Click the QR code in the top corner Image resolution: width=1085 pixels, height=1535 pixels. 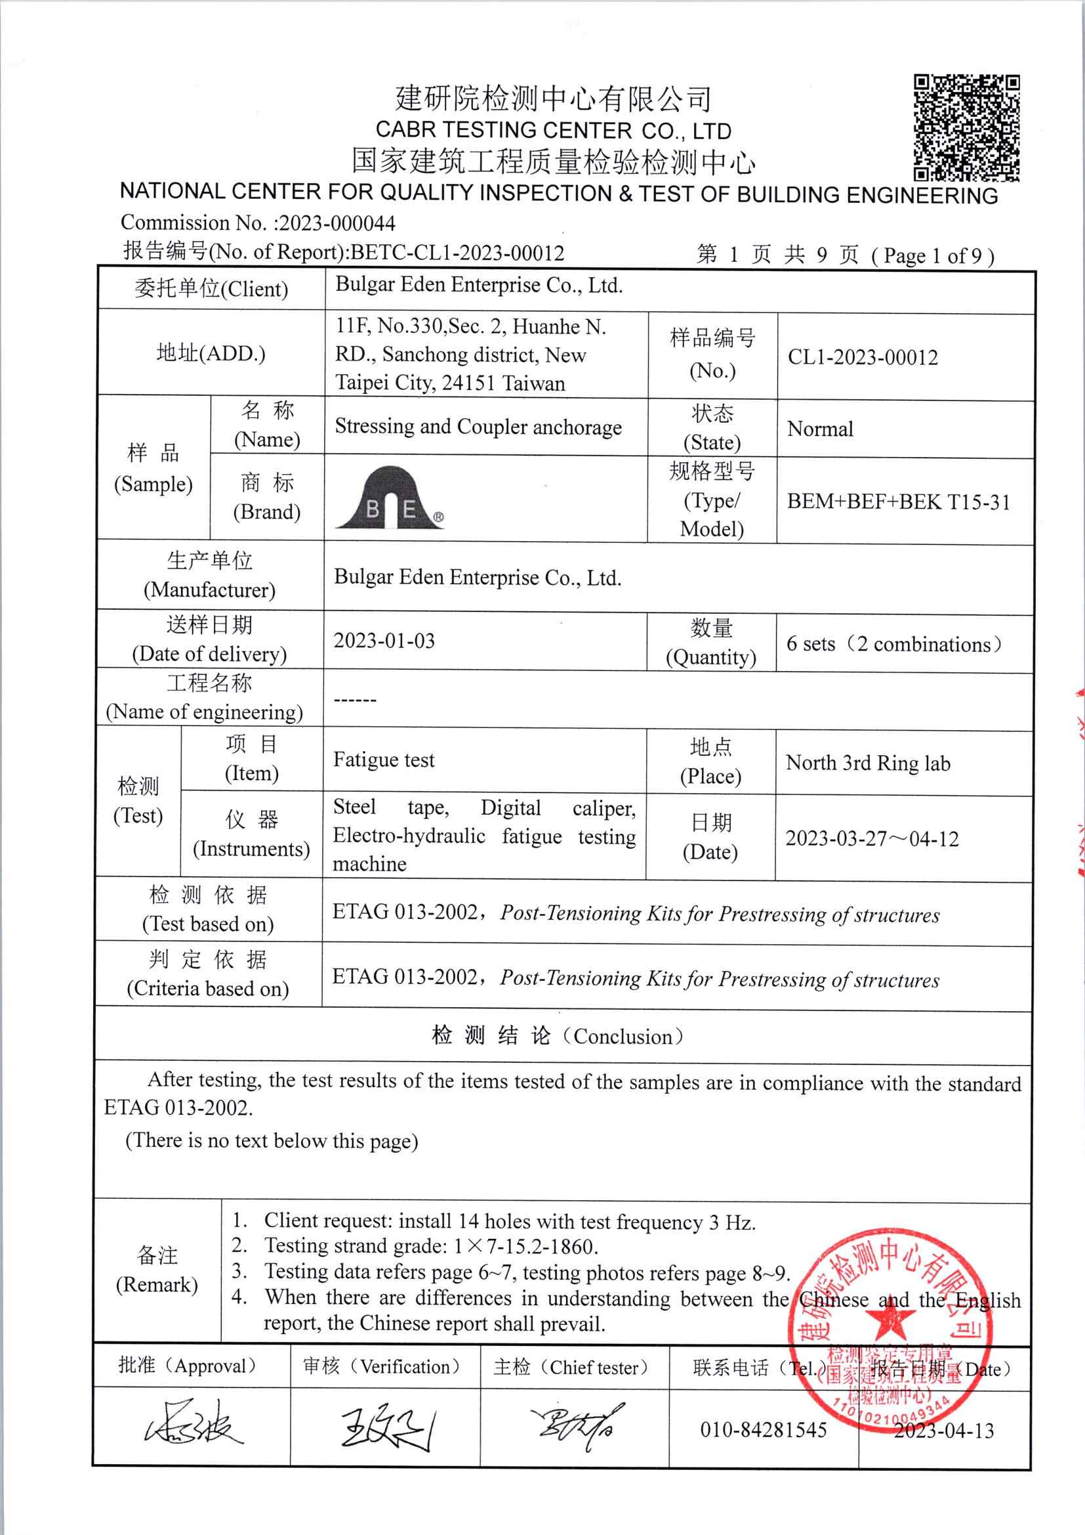tap(966, 127)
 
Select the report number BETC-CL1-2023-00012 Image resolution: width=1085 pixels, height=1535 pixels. tap(458, 253)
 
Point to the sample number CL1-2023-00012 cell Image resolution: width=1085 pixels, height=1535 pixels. tap(863, 357)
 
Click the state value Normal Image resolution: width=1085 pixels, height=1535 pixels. tap(820, 429)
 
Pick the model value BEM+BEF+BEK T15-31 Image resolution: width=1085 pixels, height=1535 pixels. tap(898, 502)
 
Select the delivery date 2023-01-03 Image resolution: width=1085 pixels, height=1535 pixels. tap(384, 641)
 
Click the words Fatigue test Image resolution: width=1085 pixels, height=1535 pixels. tap(384, 760)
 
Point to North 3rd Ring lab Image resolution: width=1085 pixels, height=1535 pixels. tap(867, 763)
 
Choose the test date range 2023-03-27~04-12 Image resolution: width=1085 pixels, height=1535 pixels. tap(872, 838)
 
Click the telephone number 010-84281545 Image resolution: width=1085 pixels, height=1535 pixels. tap(763, 1430)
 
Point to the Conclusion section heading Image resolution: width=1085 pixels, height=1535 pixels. tap(558, 1036)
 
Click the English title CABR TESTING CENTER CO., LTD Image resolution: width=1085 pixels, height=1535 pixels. tap(553, 130)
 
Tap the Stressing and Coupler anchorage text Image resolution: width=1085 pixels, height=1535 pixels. tap(478, 427)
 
